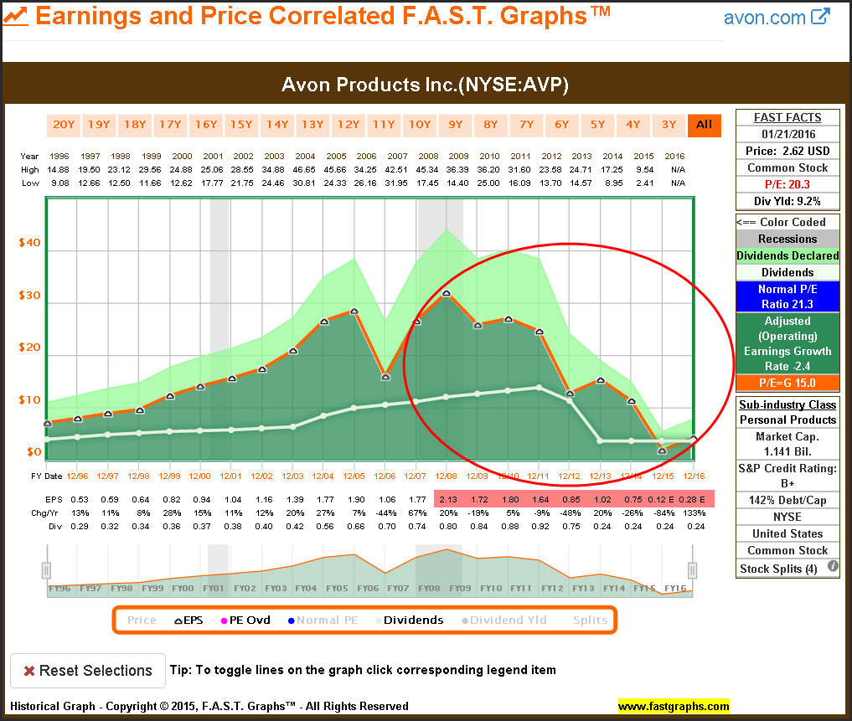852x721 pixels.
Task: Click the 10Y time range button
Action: pos(419,125)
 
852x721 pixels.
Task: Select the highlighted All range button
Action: pos(704,125)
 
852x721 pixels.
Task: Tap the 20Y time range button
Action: pos(64,125)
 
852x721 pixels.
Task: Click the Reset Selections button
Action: pos(87,671)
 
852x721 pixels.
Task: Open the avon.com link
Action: pos(776,17)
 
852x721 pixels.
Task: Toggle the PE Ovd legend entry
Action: pos(245,621)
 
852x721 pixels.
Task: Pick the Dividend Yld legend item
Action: pos(504,621)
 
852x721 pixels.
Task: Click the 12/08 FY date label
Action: pos(447,476)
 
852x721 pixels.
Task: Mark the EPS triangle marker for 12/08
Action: pos(447,293)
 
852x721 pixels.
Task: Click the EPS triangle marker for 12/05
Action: pos(354,312)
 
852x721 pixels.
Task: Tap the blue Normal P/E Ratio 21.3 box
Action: pos(787,296)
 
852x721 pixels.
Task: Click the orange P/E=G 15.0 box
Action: pos(787,383)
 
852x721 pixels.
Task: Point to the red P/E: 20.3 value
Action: pos(787,184)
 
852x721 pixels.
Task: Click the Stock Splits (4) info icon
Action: pos(833,567)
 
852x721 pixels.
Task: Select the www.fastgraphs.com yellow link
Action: pos(674,706)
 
